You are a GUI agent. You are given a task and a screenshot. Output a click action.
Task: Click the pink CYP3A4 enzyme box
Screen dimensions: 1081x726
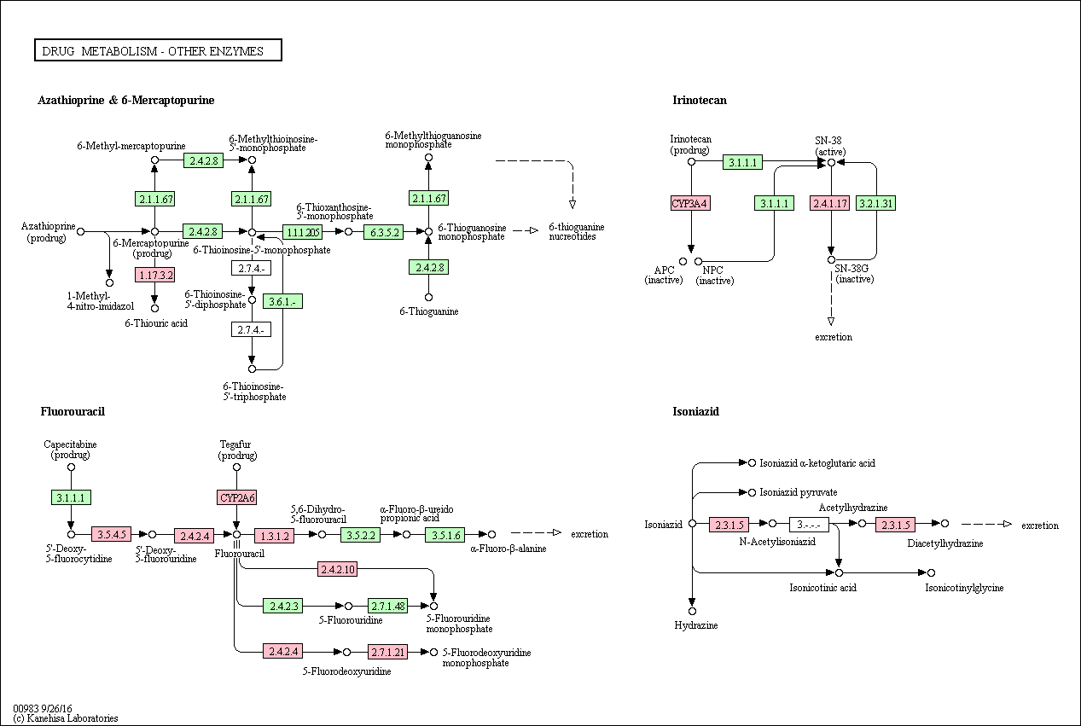coord(690,203)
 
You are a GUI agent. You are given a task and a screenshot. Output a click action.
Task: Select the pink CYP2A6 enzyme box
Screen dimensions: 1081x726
coord(236,497)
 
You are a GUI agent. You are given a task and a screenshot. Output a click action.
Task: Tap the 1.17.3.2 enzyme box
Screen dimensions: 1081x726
coord(154,275)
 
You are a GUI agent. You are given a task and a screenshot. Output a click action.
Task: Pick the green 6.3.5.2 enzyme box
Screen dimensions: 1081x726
coord(383,232)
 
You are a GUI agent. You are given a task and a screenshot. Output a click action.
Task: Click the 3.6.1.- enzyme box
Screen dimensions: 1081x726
coord(282,301)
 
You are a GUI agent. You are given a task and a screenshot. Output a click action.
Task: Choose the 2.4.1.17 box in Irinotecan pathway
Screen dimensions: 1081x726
coord(829,203)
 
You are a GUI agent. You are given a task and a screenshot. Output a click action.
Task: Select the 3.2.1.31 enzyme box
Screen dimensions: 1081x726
coord(875,203)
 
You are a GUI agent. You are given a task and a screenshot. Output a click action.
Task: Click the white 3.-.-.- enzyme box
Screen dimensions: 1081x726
coord(809,525)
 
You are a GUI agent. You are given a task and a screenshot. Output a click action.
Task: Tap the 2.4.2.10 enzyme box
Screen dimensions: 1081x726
coord(337,569)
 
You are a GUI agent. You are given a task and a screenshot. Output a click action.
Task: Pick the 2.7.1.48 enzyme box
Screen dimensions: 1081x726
coord(387,606)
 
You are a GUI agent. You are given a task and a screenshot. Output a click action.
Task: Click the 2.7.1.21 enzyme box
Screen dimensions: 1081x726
coord(387,652)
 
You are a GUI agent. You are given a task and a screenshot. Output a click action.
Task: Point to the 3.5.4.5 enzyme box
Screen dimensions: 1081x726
coord(111,534)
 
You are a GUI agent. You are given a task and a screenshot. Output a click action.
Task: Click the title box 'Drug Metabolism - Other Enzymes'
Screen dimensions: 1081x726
coord(158,50)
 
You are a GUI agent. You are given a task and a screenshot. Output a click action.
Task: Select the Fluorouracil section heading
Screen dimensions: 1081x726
coord(73,411)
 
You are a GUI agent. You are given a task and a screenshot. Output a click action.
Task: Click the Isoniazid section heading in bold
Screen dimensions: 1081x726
coord(695,411)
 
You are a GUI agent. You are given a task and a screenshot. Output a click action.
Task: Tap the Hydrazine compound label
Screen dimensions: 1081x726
coord(696,625)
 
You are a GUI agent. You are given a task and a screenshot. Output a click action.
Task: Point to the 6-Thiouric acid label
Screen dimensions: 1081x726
coord(156,323)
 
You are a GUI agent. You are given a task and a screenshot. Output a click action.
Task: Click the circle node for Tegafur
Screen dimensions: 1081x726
coord(236,467)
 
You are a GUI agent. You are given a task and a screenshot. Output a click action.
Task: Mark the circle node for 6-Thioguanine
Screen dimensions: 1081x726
coord(428,297)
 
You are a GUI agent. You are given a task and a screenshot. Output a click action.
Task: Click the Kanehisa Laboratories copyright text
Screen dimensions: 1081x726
coord(66,717)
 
